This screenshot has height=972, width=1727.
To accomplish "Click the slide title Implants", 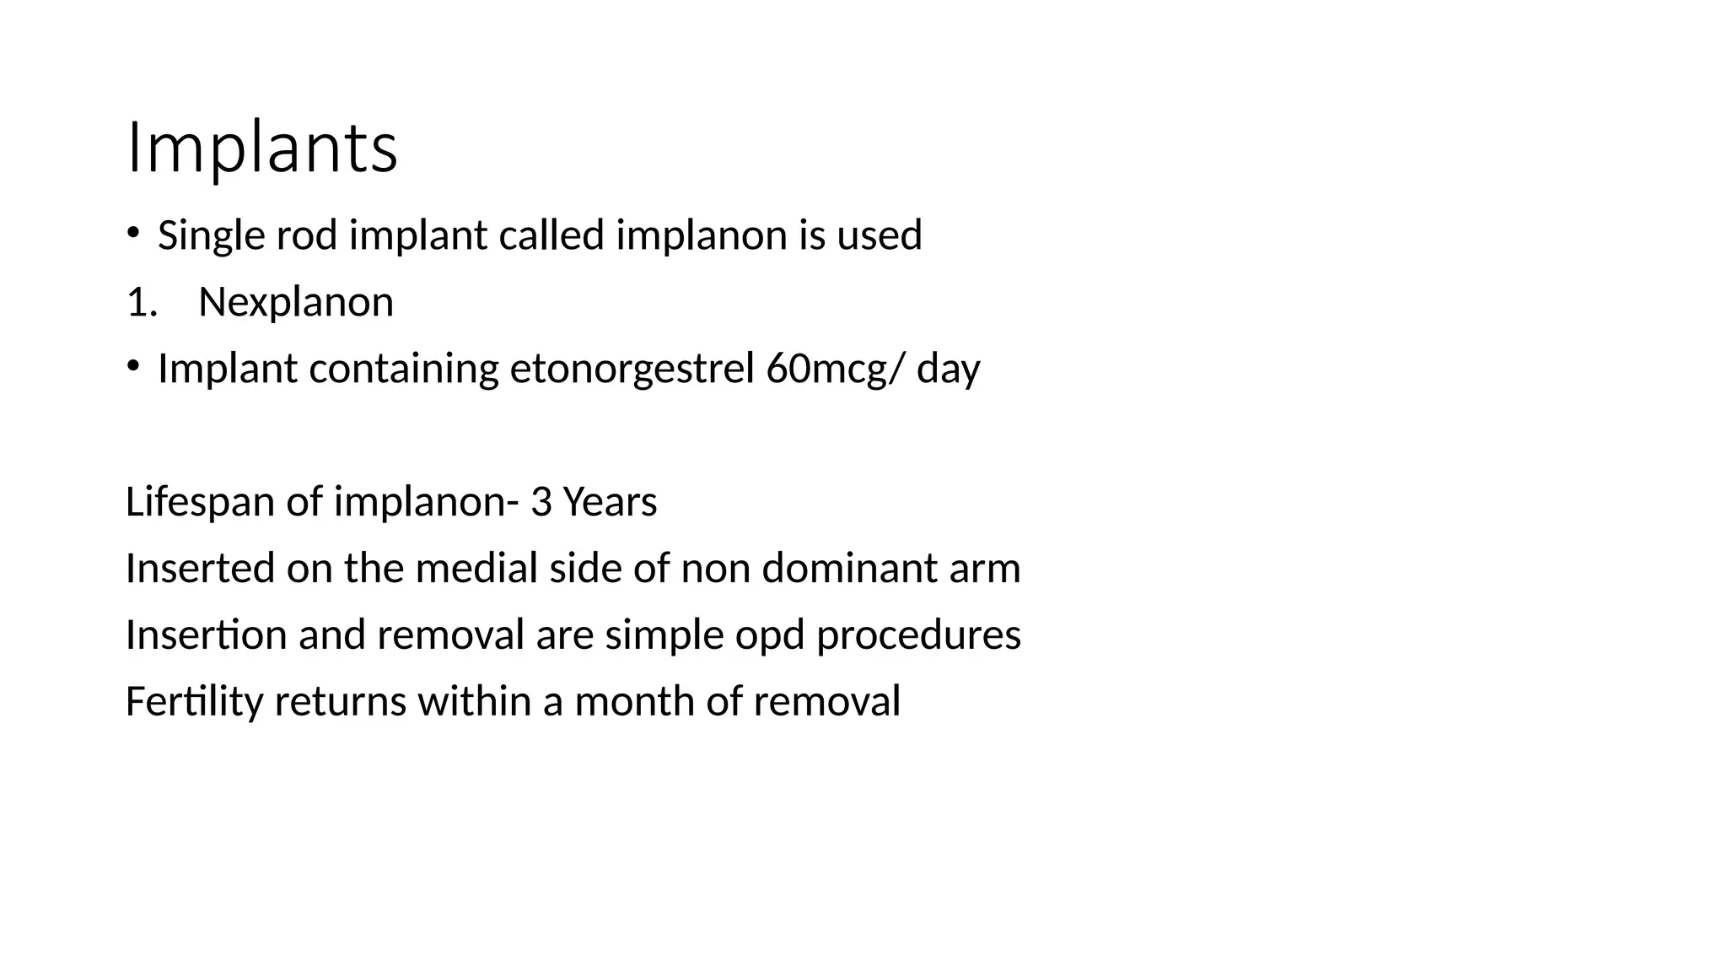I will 261,149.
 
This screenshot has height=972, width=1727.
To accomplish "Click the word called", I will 551,235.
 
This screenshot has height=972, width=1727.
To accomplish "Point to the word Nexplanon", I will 296,302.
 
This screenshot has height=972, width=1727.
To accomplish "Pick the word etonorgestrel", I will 632,370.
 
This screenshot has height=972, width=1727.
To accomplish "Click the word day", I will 949,370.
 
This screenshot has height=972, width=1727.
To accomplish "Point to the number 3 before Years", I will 541,502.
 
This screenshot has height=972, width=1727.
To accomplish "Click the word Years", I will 610,502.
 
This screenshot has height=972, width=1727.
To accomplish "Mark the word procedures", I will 918,635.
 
